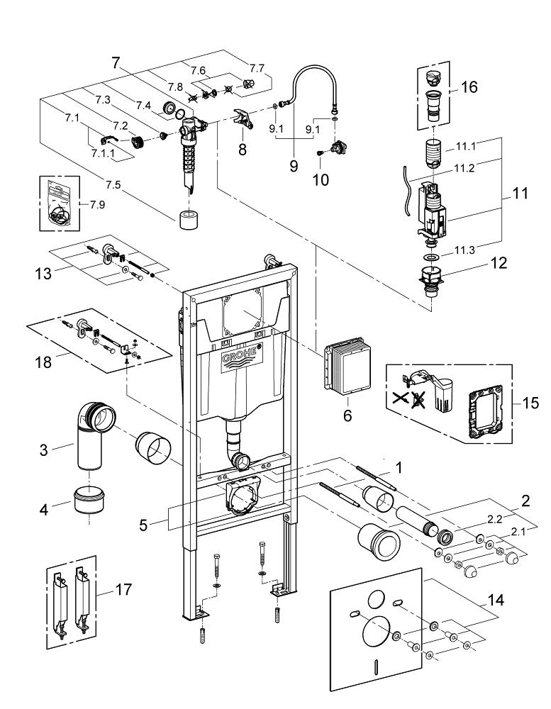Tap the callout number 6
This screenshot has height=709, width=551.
coord(347,416)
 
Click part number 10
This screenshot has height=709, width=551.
coord(321,179)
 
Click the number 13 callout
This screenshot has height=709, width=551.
coord(43,274)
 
